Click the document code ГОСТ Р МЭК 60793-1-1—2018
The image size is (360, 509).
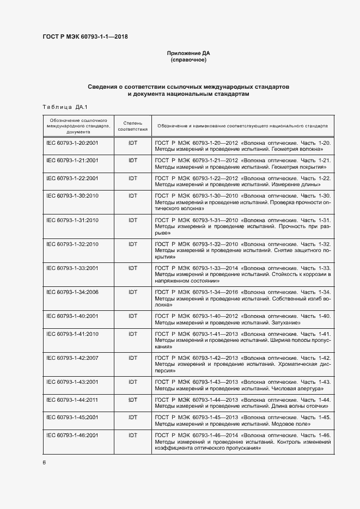coord(85,36)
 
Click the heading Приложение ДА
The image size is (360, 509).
coord(188,53)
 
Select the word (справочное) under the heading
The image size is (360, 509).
coord(188,60)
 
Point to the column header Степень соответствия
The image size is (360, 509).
coord(132,126)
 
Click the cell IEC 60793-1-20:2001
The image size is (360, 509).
coord(72,143)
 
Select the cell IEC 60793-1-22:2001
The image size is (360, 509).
coord(72,179)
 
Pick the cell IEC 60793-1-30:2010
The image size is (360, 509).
coord(72,196)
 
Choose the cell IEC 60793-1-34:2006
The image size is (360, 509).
coord(72,293)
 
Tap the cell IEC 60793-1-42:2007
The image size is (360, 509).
coord(72,358)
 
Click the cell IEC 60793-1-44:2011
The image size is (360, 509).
coord(72,400)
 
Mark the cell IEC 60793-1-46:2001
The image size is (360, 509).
coord(72,436)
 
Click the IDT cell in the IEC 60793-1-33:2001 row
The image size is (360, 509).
coord(132,268)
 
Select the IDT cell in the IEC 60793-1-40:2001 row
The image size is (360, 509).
coord(132,316)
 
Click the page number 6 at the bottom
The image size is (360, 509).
coord(44,462)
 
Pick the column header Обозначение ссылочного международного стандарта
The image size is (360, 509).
coord(77,125)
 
